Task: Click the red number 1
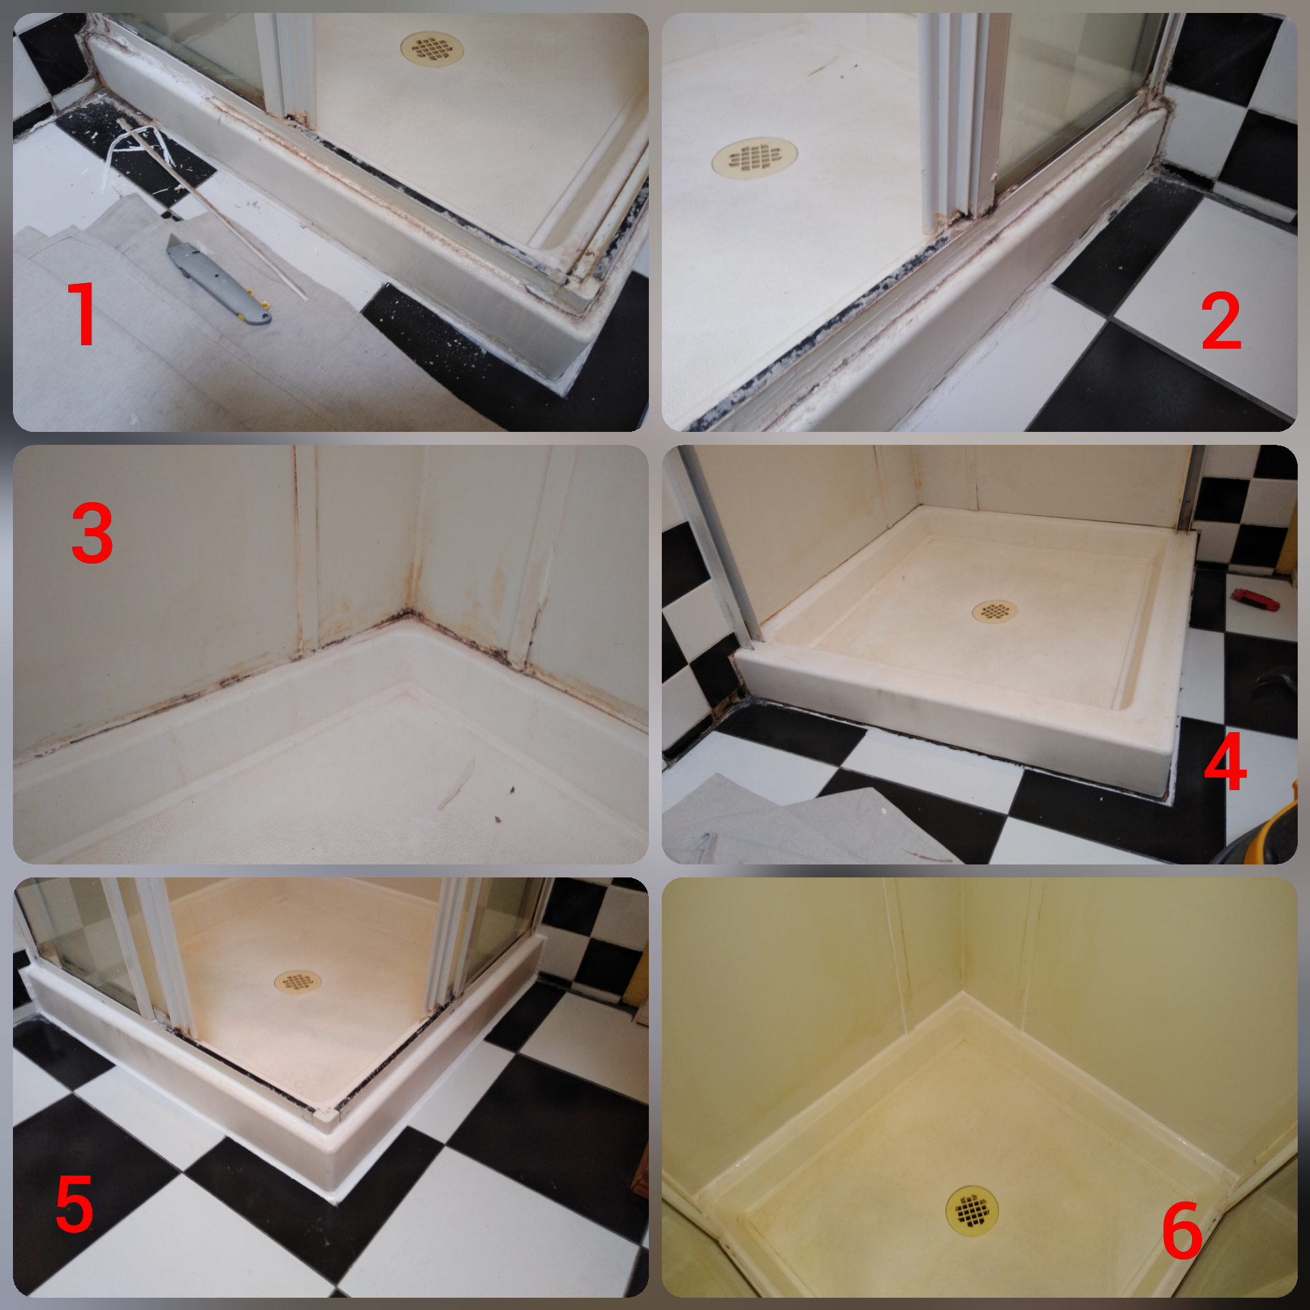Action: tap(82, 313)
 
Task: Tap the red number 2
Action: tap(1221, 320)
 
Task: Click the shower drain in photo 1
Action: tap(432, 48)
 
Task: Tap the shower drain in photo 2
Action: tap(754, 158)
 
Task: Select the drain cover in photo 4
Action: tap(995, 611)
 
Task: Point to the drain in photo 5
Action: tap(298, 982)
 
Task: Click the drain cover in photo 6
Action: tap(972, 1212)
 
